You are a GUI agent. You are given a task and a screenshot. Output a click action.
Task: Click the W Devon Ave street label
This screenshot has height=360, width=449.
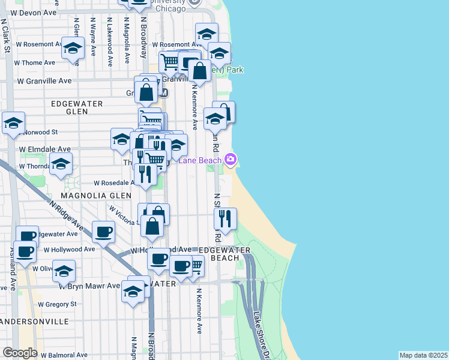click(x=34, y=12)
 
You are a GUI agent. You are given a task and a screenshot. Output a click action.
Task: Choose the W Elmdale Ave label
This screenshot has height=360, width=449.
click(x=45, y=149)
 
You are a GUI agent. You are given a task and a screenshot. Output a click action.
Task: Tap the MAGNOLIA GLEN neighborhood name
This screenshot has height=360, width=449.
click(x=96, y=196)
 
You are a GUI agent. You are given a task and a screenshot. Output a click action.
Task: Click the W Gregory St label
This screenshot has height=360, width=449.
click(x=58, y=304)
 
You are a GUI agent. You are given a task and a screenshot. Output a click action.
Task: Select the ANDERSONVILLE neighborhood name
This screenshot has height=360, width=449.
click(x=36, y=322)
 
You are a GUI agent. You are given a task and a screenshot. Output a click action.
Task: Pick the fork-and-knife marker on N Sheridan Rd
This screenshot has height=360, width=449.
click(x=225, y=218)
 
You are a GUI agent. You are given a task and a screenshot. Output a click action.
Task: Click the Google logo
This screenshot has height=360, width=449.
click(x=20, y=353)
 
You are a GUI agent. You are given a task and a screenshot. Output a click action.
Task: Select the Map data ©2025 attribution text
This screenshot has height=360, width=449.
click(x=423, y=355)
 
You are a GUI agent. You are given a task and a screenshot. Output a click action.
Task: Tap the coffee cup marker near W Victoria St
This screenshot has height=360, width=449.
click(x=103, y=231)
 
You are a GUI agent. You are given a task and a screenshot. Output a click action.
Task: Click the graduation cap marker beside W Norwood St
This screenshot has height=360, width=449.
click(x=13, y=123)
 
